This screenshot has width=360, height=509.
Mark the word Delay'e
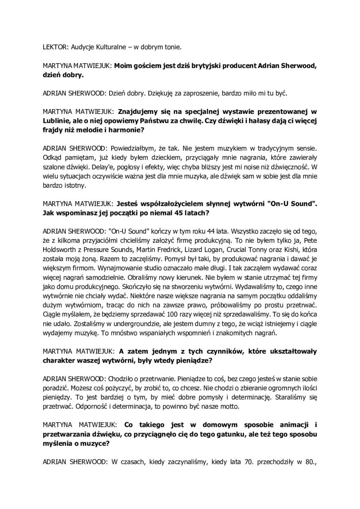(x=54, y=166)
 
